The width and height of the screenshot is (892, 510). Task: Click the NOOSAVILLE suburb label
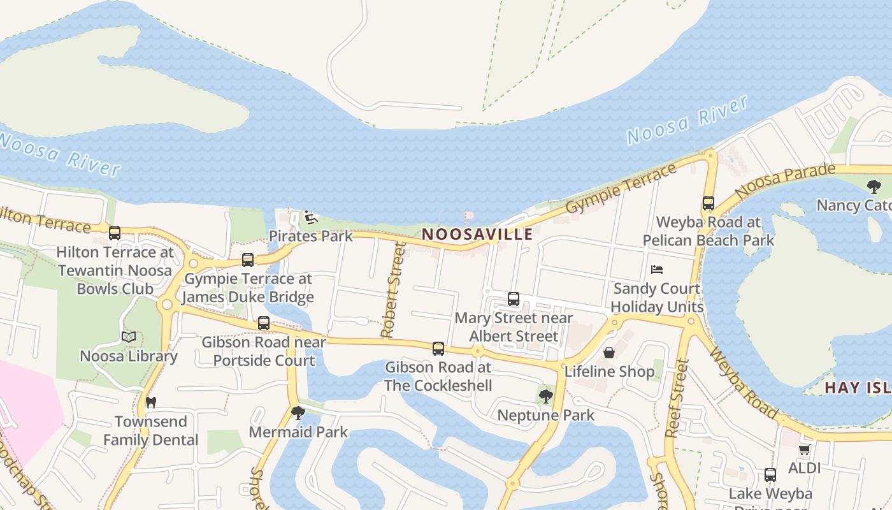click(477, 234)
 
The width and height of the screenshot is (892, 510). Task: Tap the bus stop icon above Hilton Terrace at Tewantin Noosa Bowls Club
click(115, 233)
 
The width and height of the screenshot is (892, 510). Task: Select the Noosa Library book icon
click(129, 337)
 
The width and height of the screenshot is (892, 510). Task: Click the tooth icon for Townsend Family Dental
click(151, 402)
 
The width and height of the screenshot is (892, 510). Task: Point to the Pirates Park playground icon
click(311, 217)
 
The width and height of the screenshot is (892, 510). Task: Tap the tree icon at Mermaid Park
click(298, 413)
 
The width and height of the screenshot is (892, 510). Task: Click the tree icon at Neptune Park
click(545, 397)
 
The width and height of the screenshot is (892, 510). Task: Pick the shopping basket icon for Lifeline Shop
click(609, 353)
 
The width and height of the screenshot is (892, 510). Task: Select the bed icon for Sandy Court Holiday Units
click(657, 270)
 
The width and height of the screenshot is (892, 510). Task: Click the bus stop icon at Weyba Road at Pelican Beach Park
click(709, 203)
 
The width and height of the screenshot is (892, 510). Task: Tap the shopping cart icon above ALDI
click(805, 449)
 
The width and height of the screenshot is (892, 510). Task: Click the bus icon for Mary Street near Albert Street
click(514, 298)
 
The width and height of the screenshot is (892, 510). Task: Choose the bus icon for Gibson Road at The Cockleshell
click(438, 349)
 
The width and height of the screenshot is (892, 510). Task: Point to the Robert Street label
click(393, 290)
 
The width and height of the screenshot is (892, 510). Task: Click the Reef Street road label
click(677, 398)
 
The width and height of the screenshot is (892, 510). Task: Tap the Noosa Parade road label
click(784, 180)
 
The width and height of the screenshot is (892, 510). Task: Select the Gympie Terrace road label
click(621, 189)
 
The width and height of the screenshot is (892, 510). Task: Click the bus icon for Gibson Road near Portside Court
click(264, 323)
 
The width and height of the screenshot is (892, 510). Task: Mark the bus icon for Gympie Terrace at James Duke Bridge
click(248, 260)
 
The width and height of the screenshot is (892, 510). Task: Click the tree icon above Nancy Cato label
click(874, 187)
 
